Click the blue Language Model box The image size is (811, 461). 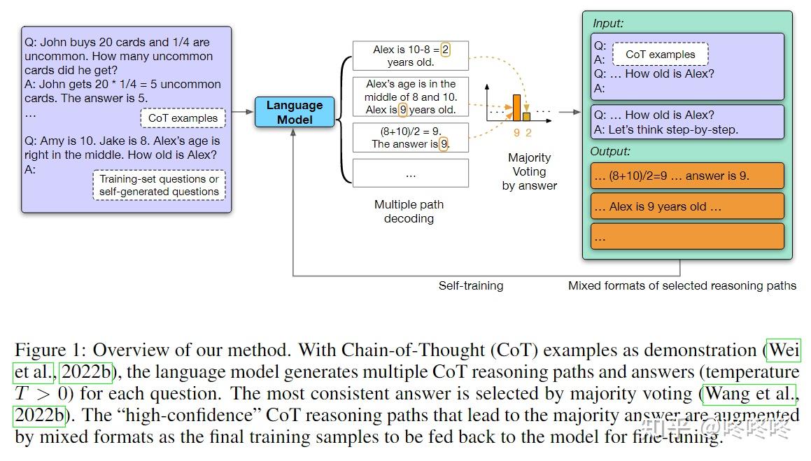click(295, 112)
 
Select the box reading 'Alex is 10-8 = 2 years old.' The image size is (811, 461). click(411, 56)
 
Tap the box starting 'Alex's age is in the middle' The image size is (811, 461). click(411, 97)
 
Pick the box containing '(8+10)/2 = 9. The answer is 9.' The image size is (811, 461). click(411, 138)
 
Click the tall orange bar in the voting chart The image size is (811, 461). click(516, 108)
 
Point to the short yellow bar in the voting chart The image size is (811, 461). click(526, 116)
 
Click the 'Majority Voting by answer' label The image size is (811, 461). click(529, 171)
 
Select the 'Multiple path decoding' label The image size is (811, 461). click(409, 211)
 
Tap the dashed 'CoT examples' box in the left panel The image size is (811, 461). click(183, 118)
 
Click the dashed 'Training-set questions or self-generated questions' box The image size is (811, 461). click(160, 185)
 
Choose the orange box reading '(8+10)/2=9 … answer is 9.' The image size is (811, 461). click(687, 176)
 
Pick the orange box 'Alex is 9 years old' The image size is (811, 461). click(687, 207)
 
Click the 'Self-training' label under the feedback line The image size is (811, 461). click(471, 286)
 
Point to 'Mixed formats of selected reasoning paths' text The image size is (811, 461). click(682, 286)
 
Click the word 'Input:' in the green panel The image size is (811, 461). click(608, 23)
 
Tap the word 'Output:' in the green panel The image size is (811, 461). click(610, 151)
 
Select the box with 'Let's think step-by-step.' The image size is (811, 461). click(687, 122)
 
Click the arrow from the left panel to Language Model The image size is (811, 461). click(243, 112)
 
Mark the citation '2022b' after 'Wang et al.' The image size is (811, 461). click(39, 415)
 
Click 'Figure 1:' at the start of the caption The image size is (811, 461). click(50, 350)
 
